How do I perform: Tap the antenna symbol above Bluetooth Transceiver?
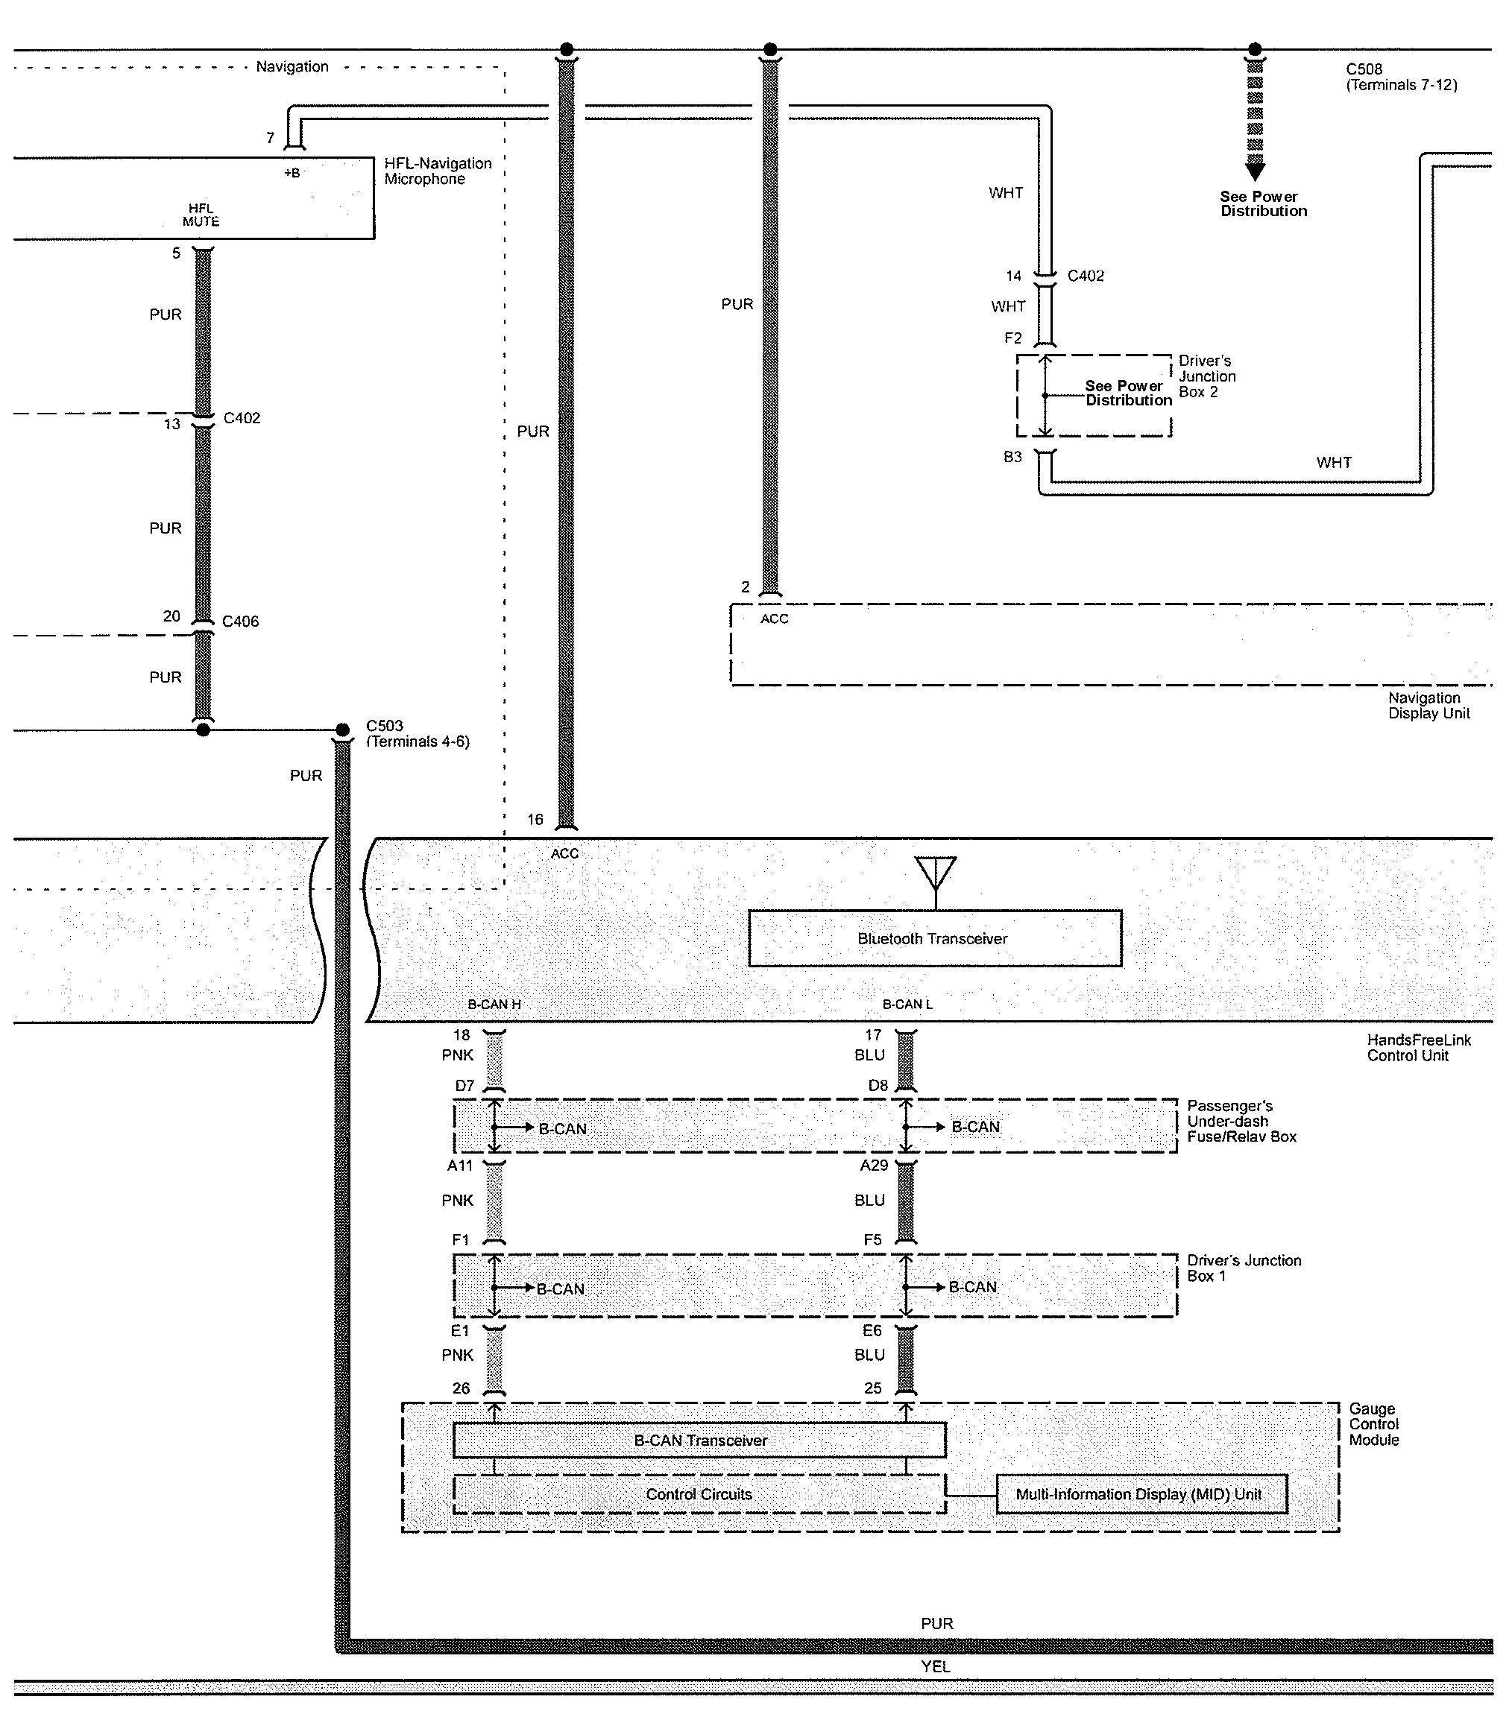(936, 873)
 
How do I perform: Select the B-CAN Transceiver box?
(699, 1441)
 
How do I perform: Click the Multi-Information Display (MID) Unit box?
(1141, 1494)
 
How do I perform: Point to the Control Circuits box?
(699, 1494)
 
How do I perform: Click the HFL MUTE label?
(201, 215)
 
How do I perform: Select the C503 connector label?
(384, 726)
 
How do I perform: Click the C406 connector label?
(240, 622)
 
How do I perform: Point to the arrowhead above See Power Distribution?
(1255, 171)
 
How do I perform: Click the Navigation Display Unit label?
(1428, 706)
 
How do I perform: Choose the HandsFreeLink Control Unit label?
(1419, 1048)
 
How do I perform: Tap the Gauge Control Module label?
(1373, 1424)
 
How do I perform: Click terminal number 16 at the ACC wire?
(535, 820)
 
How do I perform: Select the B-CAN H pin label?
(494, 1005)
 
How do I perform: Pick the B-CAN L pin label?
(907, 1005)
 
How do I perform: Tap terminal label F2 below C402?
(1012, 338)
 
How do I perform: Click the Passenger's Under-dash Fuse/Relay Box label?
(1241, 1122)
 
